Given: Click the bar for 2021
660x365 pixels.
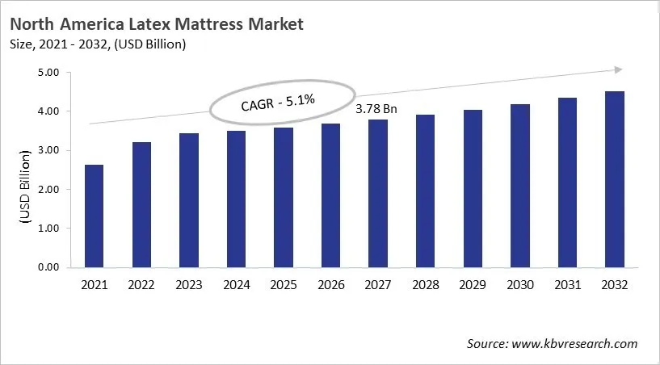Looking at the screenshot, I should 94,216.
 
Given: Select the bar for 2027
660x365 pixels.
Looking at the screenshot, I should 376,193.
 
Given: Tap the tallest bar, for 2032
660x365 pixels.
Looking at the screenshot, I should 614,179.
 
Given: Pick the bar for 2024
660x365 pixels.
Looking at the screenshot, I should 236,199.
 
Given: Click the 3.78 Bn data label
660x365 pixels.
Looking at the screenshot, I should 376,107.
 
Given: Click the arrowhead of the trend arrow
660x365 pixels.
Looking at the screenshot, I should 617,70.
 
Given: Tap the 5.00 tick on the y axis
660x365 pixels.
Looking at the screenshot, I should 49,73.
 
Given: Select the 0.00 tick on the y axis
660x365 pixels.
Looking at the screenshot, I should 49,267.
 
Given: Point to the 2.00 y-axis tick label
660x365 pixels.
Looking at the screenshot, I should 49,190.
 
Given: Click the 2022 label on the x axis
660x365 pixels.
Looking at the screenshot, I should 141,285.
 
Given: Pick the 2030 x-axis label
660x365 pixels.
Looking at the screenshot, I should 519,285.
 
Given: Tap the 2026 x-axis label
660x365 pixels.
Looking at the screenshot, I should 330,285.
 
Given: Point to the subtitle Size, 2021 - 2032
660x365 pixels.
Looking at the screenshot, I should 65,44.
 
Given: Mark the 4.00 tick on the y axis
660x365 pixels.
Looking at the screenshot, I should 49,111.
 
